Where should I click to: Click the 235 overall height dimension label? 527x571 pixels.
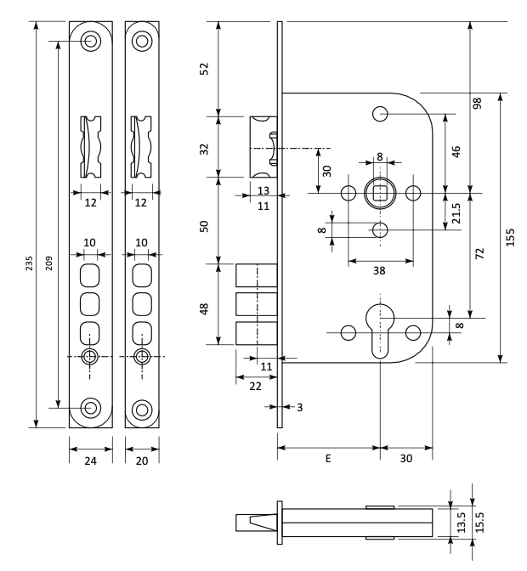pyautogui.click(x=29, y=263)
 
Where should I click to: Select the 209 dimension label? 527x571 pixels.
pyautogui.click(x=48, y=263)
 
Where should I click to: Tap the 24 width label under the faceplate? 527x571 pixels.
pyautogui.click(x=91, y=461)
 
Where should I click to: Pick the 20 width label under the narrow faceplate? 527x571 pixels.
pyautogui.click(x=142, y=461)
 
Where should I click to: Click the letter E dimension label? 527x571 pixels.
pyautogui.click(x=328, y=459)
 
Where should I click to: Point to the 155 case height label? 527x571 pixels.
pyautogui.click(x=510, y=237)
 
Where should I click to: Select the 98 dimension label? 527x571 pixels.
pyautogui.click(x=477, y=103)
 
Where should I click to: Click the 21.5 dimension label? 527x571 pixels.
pyautogui.click(x=456, y=213)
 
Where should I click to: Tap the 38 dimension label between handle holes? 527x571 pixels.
pyautogui.click(x=379, y=270)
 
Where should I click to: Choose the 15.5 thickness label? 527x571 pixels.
pyautogui.click(x=479, y=523)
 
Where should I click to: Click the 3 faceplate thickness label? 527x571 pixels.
pyautogui.click(x=300, y=408)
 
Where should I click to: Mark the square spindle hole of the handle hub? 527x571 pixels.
pyautogui.click(x=380, y=193)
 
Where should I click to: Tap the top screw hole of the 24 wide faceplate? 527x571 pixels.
pyautogui.click(x=91, y=41)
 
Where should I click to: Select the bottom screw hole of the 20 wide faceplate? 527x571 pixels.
pyautogui.click(x=142, y=410)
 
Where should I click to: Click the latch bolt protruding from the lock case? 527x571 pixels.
pyautogui.click(x=263, y=147)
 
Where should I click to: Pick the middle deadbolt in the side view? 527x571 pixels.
pyautogui.click(x=257, y=304)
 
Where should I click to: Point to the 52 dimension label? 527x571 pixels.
pyautogui.click(x=205, y=69)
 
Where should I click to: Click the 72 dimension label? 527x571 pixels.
pyautogui.click(x=480, y=253)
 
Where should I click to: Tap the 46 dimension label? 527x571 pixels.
pyautogui.click(x=456, y=151)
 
